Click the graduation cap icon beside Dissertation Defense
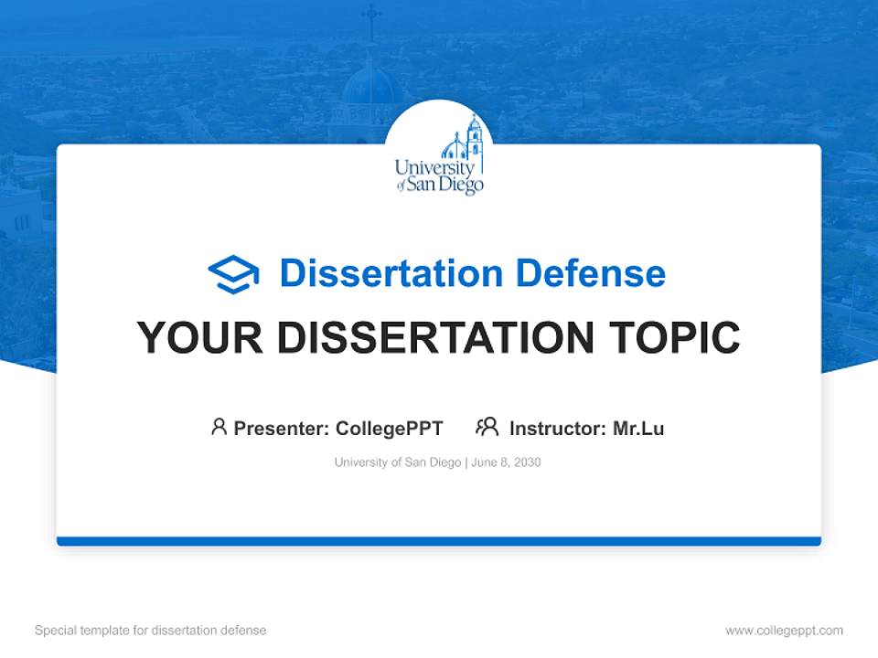coord(233,274)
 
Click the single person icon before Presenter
coord(219,427)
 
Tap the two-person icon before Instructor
coord(487,427)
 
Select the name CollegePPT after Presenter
coord(390,428)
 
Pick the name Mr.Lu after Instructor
coord(638,428)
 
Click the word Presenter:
coord(281,428)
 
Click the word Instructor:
coord(558,428)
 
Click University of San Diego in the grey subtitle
coord(398,462)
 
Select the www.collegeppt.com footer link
coord(784,631)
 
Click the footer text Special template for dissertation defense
coord(150,631)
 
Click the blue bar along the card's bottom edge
coord(439,541)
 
